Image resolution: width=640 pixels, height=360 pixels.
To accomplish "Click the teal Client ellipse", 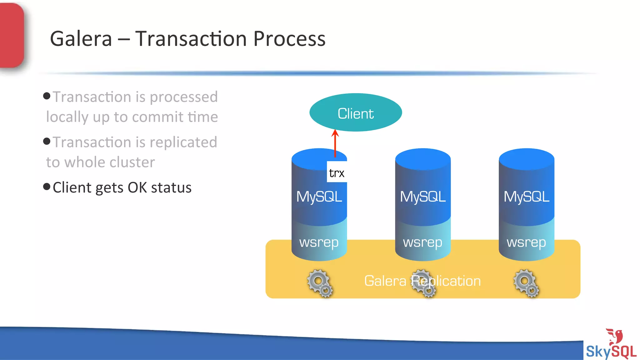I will click(356, 112).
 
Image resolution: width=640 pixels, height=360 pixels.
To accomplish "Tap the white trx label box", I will click(337, 172).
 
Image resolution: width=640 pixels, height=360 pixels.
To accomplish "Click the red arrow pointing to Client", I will click(335, 144).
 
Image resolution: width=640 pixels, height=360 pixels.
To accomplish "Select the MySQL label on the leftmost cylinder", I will click(319, 197).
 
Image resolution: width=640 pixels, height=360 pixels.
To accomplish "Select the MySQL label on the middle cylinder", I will click(423, 197).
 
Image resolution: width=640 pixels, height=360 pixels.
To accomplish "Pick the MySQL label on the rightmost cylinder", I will click(527, 197).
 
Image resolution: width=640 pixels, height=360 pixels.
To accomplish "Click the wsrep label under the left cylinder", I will click(319, 242).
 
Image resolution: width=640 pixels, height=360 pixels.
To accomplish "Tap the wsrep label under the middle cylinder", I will click(423, 242).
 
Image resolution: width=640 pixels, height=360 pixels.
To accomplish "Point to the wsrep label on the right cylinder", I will click(527, 242).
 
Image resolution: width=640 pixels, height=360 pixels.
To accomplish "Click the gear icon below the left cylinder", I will click(320, 283).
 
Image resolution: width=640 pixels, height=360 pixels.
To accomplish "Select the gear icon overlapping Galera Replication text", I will click(423, 283).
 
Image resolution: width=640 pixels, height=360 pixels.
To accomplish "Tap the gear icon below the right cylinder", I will click(526, 283).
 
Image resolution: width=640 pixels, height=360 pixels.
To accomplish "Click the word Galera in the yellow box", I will click(385, 281).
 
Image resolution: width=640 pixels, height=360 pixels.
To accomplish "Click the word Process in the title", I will click(289, 39).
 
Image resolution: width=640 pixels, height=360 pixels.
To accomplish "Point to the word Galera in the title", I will click(81, 39).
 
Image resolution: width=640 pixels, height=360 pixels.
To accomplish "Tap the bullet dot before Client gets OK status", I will click(47, 187).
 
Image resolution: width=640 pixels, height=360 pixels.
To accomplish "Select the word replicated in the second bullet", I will click(183, 142).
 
